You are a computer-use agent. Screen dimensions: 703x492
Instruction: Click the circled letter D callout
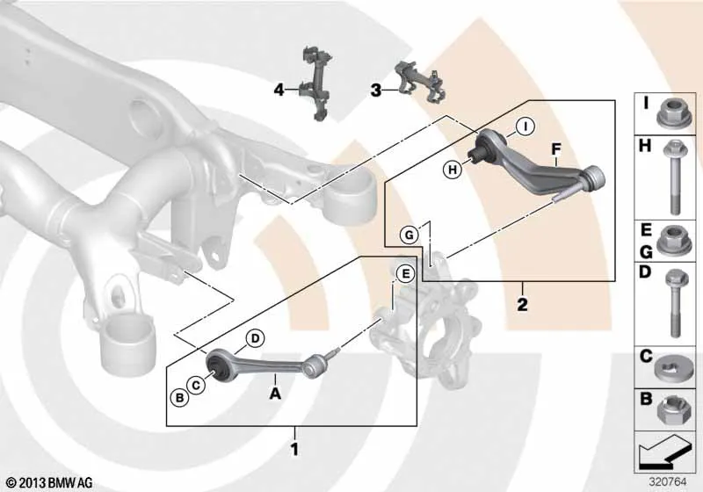(x=255, y=338)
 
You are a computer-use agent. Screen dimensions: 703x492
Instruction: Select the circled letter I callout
(x=525, y=127)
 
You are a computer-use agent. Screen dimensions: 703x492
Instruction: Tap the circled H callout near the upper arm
(x=453, y=170)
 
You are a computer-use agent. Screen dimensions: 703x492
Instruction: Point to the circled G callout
(x=409, y=235)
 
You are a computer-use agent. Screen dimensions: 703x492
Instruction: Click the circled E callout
(x=406, y=274)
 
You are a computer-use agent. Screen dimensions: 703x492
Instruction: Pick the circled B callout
(x=179, y=398)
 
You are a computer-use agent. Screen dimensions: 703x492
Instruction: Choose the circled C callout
(x=195, y=385)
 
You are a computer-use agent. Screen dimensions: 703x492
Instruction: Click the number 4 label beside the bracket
(x=279, y=90)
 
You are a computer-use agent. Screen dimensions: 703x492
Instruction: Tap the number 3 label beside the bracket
(x=376, y=90)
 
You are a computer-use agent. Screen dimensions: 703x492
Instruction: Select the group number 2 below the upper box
(x=522, y=305)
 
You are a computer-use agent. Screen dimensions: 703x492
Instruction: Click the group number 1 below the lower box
(x=294, y=449)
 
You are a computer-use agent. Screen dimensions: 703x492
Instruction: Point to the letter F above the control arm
(x=556, y=149)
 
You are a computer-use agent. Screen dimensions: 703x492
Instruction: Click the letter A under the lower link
(x=275, y=394)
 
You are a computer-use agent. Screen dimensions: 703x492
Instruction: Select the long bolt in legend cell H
(x=674, y=177)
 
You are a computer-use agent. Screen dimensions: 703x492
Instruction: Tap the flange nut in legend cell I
(x=670, y=112)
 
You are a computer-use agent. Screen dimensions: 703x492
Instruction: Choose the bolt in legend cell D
(x=674, y=303)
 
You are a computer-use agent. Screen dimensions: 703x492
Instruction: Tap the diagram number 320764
(x=668, y=482)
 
